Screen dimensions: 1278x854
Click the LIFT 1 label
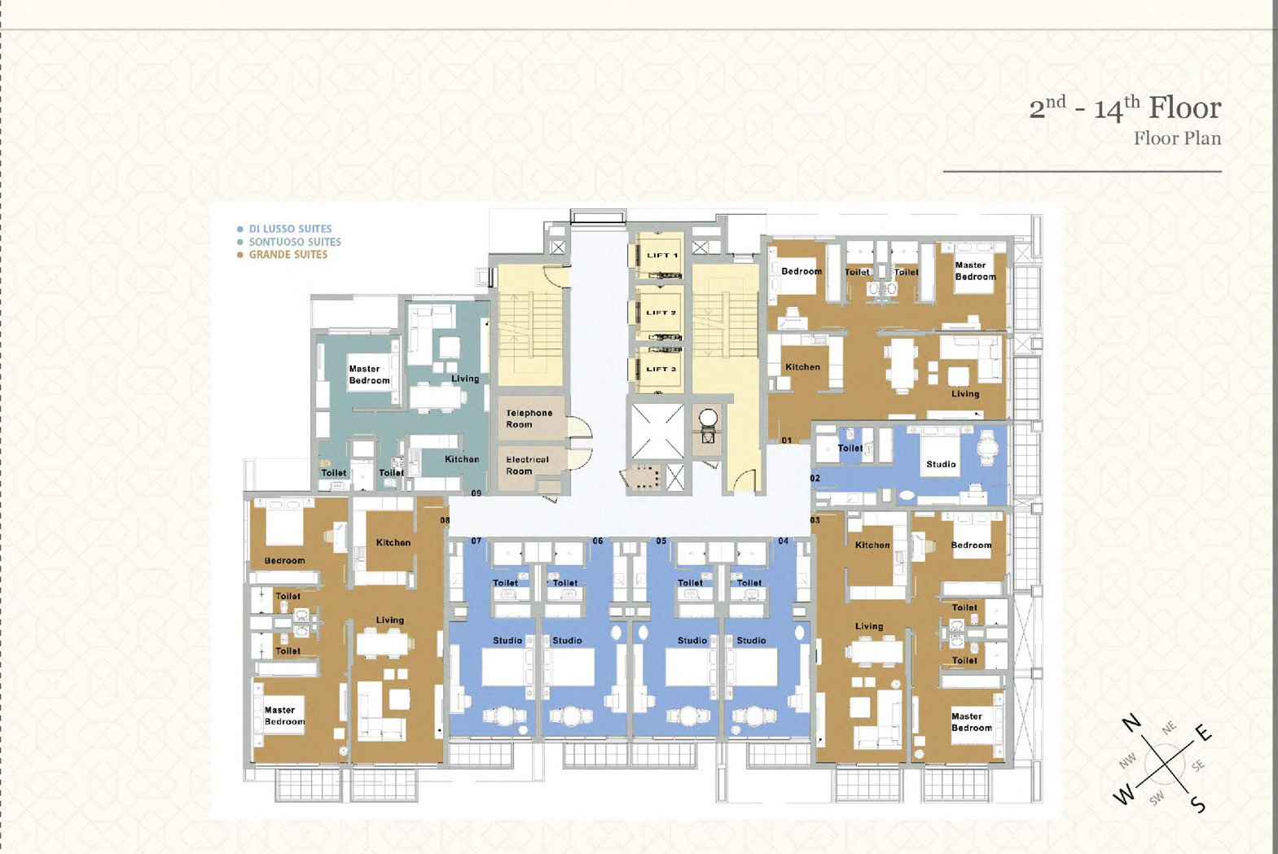click(662, 256)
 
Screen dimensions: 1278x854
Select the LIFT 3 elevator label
click(661, 369)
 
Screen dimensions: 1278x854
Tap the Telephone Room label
click(529, 418)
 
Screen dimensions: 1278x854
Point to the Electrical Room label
click(527, 465)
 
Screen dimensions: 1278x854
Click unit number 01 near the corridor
click(787, 440)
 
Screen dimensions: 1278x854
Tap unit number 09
click(476, 493)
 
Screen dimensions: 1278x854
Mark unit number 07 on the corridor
click(476, 541)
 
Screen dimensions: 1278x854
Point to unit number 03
click(815, 520)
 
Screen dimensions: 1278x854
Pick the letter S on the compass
click(1198, 804)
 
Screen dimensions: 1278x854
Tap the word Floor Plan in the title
click(1177, 138)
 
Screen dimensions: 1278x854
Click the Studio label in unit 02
click(941, 464)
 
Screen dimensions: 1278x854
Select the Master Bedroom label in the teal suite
click(369, 374)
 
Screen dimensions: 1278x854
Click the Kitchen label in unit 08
click(393, 542)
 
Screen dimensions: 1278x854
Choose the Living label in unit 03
click(869, 626)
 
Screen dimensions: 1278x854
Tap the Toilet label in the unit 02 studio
click(850, 448)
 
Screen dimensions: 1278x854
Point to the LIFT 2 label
click(661, 313)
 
